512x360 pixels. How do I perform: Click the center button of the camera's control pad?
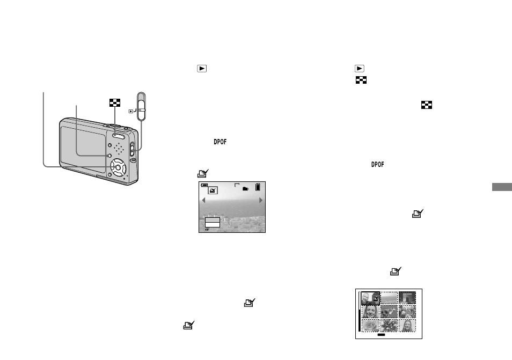point(118,167)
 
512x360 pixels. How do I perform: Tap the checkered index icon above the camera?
point(115,103)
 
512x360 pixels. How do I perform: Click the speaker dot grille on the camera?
point(119,149)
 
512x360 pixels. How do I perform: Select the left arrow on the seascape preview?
point(203,200)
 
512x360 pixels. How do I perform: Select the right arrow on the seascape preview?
point(261,200)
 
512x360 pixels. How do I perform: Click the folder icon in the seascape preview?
point(246,189)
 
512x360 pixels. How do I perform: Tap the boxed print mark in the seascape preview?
point(213,190)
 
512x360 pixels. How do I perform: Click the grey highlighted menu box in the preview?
point(212,220)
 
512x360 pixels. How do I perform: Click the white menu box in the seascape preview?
point(212,225)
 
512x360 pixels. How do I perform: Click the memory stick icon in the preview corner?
point(258,187)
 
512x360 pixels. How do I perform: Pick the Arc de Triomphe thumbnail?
point(407,298)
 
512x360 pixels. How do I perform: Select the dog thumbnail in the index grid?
point(389,312)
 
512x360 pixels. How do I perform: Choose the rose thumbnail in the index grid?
point(371,326)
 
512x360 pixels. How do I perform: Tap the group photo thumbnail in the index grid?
point(407,312)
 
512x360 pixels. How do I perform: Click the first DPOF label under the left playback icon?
point(220,142)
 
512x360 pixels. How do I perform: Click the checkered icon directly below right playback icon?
point(361,80)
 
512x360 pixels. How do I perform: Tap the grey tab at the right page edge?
point(502,187)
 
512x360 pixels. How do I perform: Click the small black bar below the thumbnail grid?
point(381,335)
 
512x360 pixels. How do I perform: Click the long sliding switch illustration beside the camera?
point(141,106)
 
